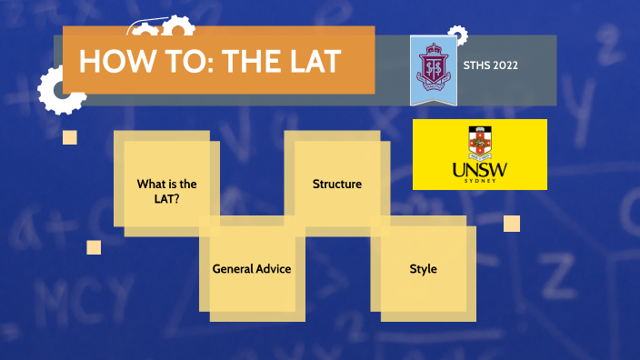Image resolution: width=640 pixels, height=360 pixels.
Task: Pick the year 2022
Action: coord(514,65)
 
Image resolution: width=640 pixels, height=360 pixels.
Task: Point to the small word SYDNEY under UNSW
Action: coord(480,181)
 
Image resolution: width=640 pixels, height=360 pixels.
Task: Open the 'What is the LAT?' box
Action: coord(166,190)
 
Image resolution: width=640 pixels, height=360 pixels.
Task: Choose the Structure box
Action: coord(337,185)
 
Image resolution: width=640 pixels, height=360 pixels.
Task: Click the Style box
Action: coord(423,269)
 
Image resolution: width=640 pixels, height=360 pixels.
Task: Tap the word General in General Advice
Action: coord(232,269)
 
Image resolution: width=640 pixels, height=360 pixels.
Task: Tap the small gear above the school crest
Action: coord(458,35)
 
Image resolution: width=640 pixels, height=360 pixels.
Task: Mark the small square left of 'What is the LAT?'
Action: coord(69,137)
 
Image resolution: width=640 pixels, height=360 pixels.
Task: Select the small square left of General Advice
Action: coord(94,247)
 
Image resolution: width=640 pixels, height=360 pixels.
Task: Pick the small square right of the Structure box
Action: coord(512,224)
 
